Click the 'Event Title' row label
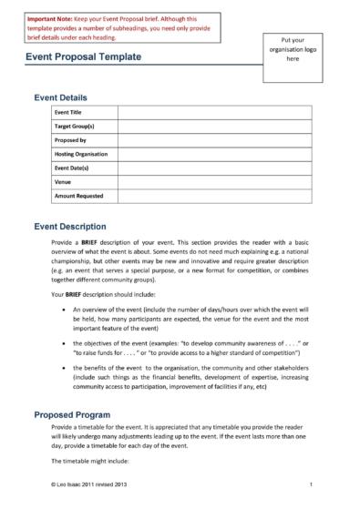tap(71, 112)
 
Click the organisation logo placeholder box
tap(293, 51)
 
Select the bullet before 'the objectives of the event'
tap(60, 342)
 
